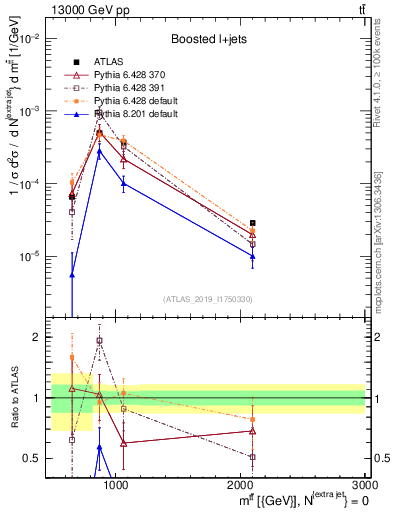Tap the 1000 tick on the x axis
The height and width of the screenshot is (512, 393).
click(116, 485)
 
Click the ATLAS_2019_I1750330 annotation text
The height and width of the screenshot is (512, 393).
click(210, 299)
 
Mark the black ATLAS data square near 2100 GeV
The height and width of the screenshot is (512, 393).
click(253, 223)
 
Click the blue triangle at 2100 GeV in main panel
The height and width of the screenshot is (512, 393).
click(253, 256)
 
